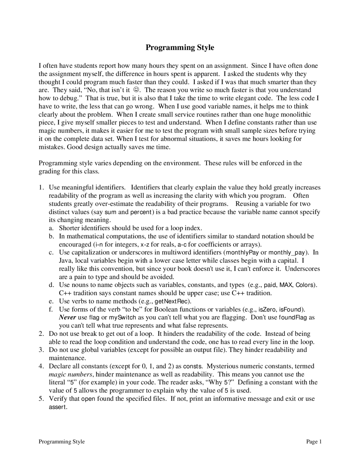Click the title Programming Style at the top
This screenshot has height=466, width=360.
pos(180,48)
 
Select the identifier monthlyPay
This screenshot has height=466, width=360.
pos(242,252)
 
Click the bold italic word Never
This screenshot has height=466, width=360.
pos(67,317)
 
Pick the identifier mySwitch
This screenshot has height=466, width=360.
pos(122,318)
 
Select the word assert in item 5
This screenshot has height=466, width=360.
pos(58,407)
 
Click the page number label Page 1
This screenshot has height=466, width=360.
pos(314,442)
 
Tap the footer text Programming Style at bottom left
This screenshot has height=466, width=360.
pos(62,442)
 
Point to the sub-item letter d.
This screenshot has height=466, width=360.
pos(51,285)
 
